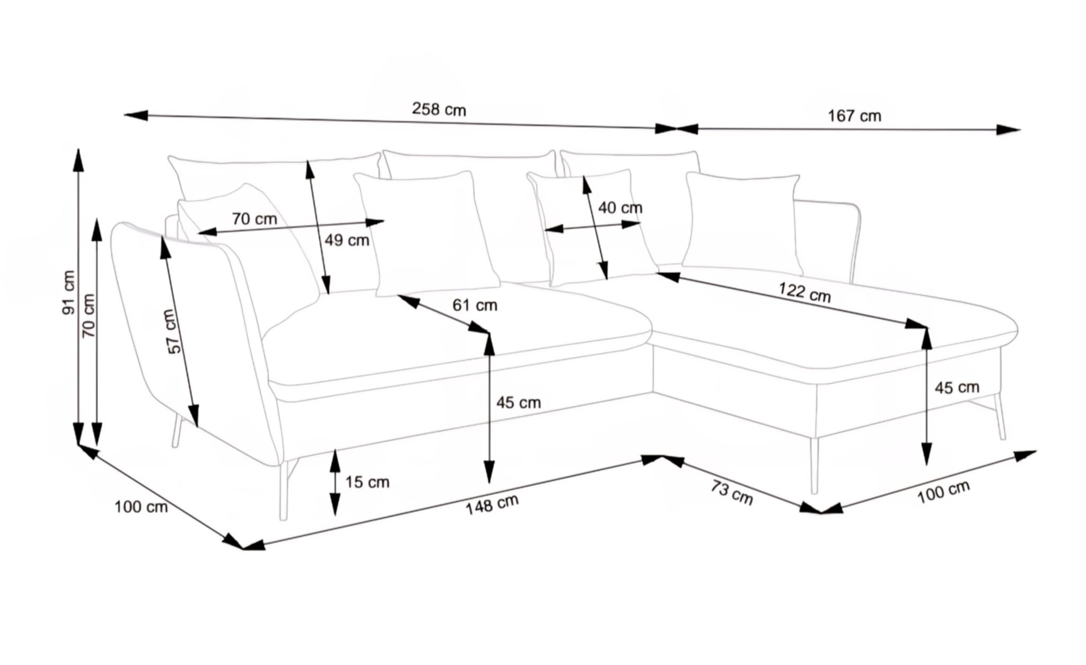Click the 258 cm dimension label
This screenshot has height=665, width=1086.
(x=439, y=110)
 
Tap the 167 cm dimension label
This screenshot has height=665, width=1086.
(x=854, y=116)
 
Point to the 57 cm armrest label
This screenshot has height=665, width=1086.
(x=173, y=331)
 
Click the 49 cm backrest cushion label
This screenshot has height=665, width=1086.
(x=347, y=240)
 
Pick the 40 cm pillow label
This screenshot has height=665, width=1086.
(x=620, y=208)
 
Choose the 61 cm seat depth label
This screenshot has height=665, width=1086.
(x=475, y=305)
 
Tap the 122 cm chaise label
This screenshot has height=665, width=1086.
(x=804, y=293)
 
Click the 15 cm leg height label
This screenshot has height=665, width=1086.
(x=367, y=482)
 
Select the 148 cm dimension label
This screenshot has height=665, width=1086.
(x=492, y=504)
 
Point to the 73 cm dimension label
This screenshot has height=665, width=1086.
(x=732, y=493)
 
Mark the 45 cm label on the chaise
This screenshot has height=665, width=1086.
(x=957, y=388)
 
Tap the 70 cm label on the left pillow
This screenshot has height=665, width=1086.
(x=254, y=218)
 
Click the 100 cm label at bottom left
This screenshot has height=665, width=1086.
(x=141, y=507)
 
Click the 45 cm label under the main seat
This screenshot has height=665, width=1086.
(x=518, y=402)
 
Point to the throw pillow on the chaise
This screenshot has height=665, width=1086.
(x=742, y=223)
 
